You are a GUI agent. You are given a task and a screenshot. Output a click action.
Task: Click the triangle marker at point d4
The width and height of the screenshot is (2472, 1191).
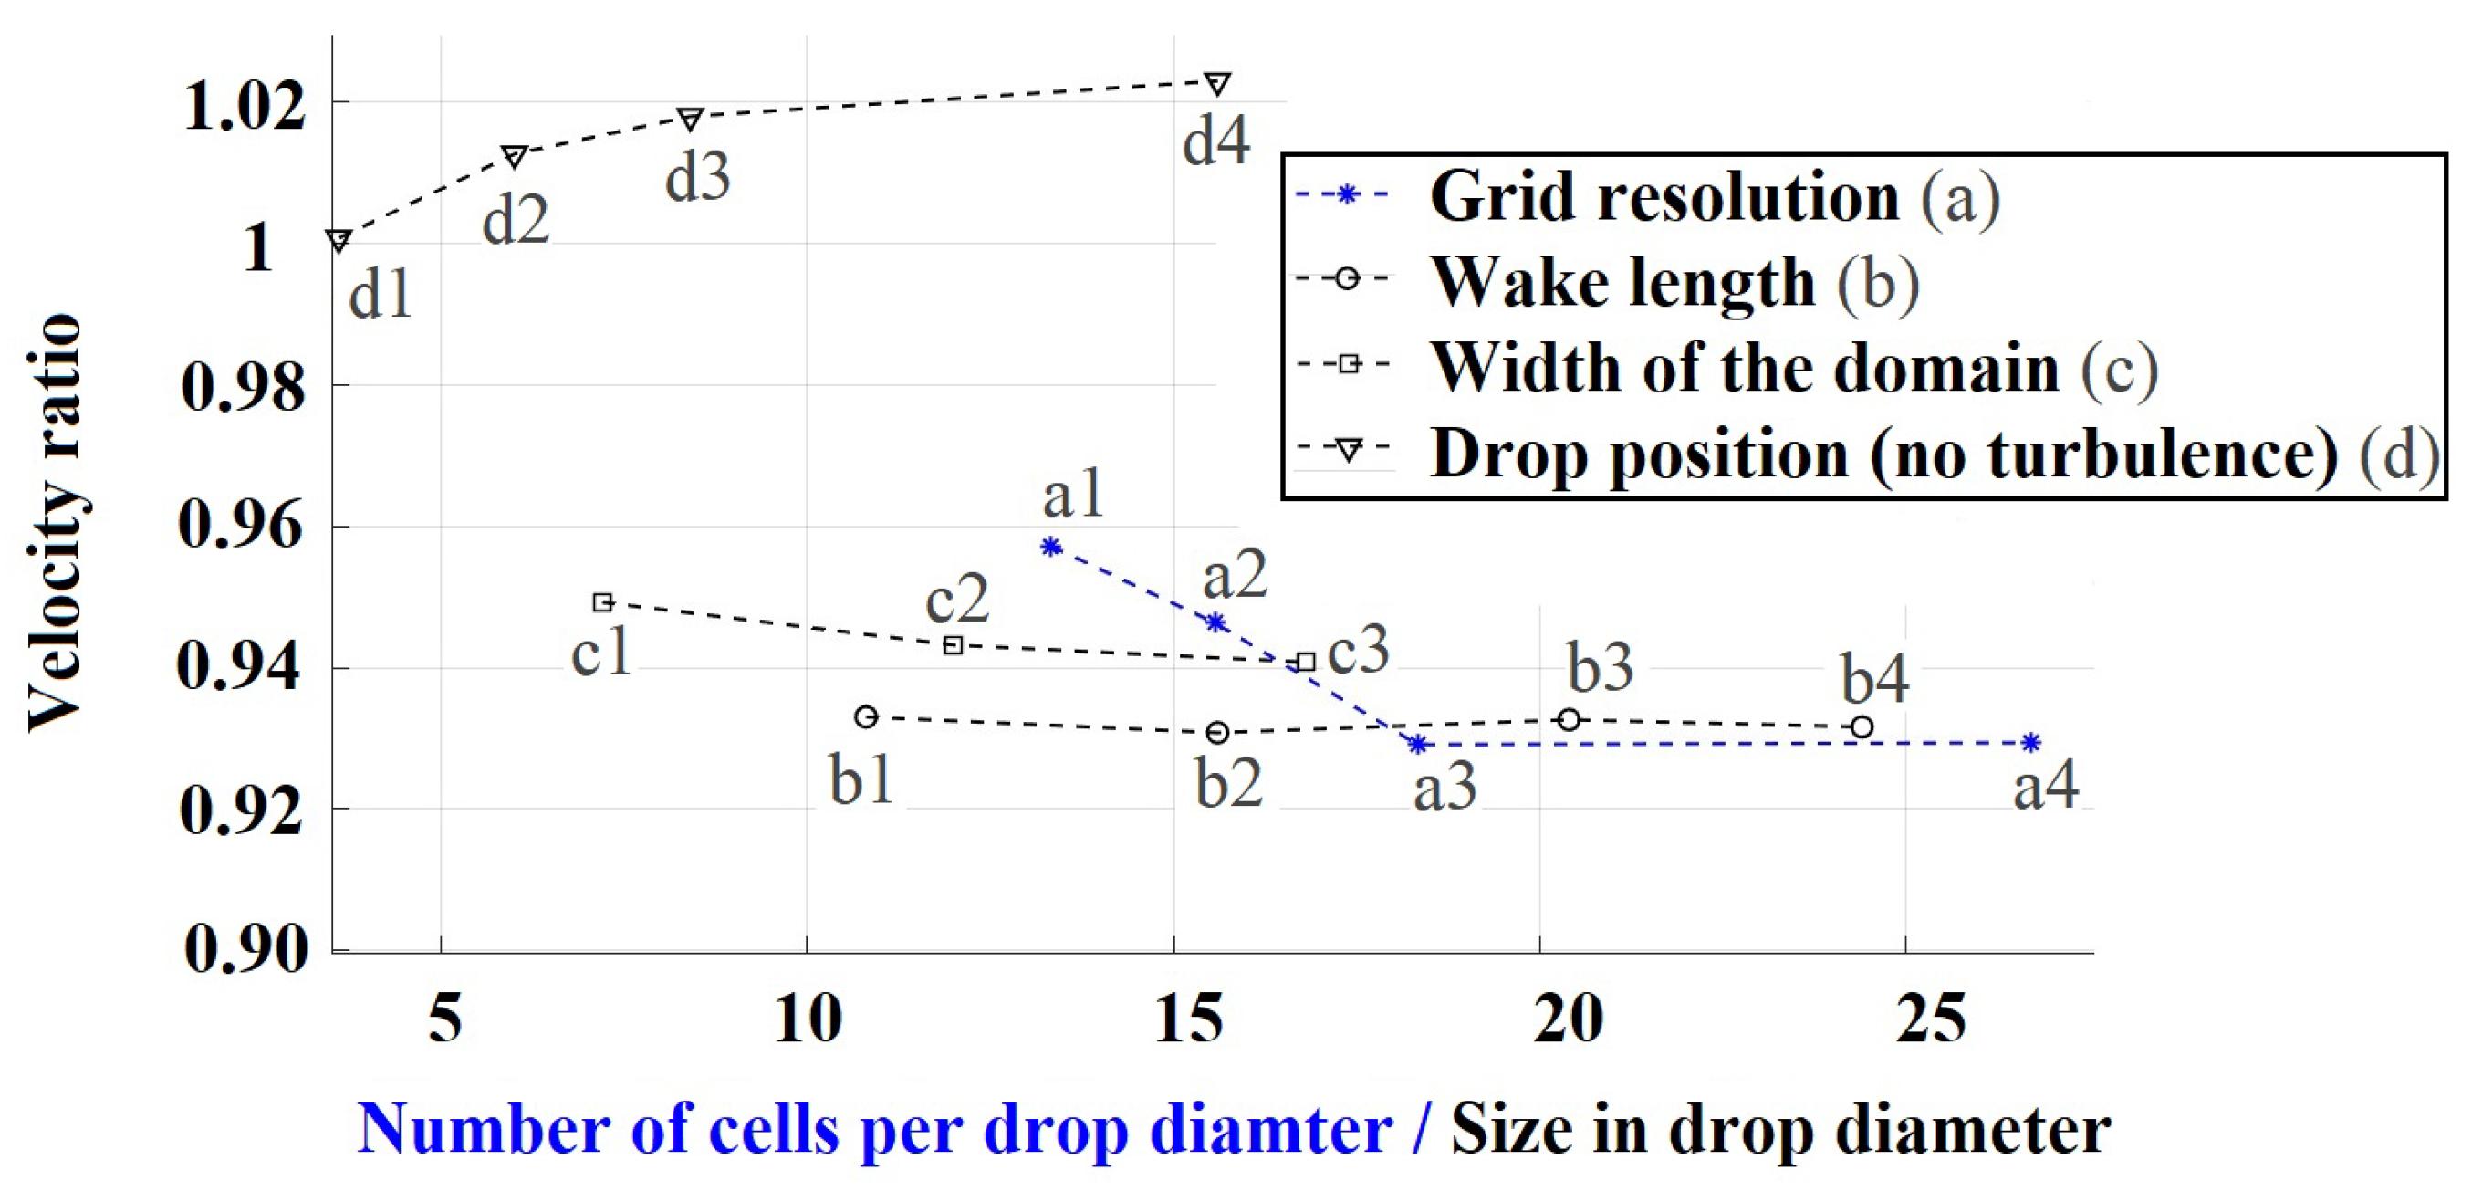pyautogui.click(x=1216, y=83)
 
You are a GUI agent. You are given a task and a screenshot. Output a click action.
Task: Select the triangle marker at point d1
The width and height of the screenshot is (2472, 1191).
pyautogui.click(x=338, y=240)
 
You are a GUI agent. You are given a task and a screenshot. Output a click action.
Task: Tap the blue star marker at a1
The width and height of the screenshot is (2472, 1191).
pyautogui.click(x=1051, y=547)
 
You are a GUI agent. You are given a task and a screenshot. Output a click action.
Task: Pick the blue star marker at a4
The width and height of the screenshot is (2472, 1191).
pyautogui.click(x=2030, y=742)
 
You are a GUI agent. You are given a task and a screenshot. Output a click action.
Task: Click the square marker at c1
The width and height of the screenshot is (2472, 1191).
pyautogui.click(x=602, y=602)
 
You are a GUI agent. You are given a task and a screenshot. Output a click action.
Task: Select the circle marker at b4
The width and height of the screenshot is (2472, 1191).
pyautogui.click(x=1861, y=727)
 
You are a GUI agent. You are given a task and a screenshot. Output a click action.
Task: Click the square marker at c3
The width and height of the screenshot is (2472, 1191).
pyautogui.click(x=1305, y=662)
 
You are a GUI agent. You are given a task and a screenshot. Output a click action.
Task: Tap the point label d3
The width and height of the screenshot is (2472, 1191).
pyautogui.click(x=698, y=178)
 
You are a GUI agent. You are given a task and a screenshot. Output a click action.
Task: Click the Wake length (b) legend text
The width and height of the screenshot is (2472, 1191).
pyautogui.click(x=1674, y=282)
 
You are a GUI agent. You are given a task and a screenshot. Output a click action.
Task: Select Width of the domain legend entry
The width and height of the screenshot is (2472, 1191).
pyautogui.click(x=1795, y=368)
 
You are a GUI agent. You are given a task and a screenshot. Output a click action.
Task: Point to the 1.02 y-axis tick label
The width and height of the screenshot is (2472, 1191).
pyautogui.click(x=245, y=106)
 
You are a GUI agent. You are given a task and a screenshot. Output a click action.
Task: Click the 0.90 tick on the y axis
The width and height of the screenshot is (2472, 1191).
pyautogui.click(x=246, y=949)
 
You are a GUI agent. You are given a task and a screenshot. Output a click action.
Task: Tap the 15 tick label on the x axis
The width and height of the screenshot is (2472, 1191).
pyautogui.click(x=1188, y=1019)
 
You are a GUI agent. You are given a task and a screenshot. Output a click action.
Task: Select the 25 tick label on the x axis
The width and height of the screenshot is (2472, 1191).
pyautogui.click(x=1930, y=1019)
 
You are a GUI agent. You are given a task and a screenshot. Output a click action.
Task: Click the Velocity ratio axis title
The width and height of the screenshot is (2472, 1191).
pyautogui.click(x=55, y=523)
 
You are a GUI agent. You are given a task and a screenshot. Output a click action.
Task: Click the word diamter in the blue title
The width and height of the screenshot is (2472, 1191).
pyautogui.click(x=1270, y=1129)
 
